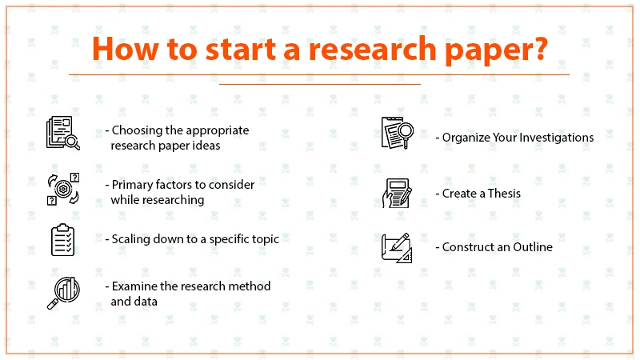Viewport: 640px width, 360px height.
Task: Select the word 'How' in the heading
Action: point(126,49)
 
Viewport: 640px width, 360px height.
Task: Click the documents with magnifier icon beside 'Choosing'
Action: point(63,133)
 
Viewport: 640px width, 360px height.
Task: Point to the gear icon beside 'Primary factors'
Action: point(63,189)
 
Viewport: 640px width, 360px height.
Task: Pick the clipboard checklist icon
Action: point(63,240)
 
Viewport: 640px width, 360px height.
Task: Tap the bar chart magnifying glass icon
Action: point(63,293)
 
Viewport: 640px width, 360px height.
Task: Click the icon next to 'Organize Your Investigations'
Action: point(397,133)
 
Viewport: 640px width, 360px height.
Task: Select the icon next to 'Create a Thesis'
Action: point(397,193)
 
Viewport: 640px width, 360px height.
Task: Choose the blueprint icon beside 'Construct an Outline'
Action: point(397,248)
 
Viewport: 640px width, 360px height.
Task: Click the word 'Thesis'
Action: point(504,194)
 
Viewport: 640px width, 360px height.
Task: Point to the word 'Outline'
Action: point(533,247)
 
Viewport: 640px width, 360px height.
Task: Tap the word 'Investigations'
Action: point(557,138)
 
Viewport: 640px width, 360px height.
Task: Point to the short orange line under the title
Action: point(320,84)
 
